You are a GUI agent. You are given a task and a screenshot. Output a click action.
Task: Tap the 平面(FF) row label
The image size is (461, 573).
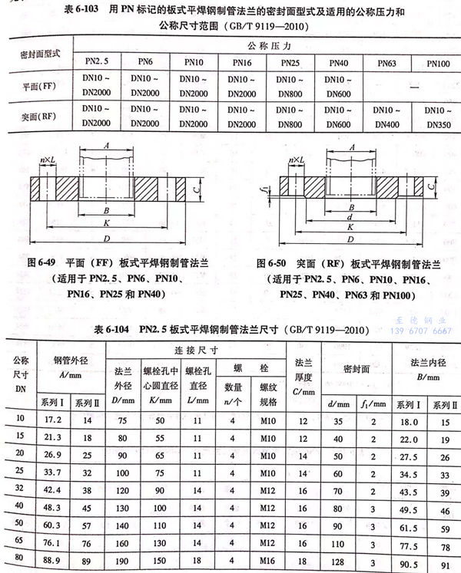tap(36, 87)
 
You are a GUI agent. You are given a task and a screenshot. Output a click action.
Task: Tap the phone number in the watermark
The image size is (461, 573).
tap(421, 331)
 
